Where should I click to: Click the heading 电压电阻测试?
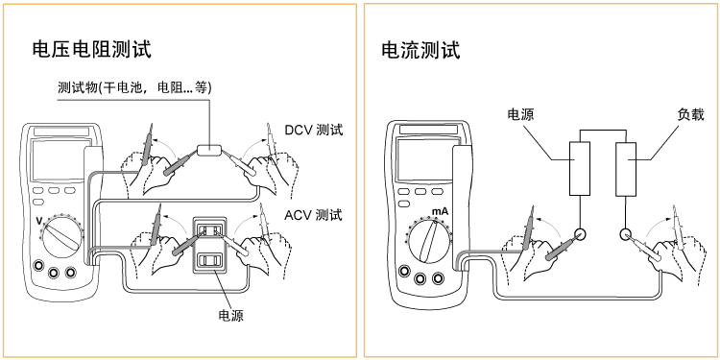tap(92, 50)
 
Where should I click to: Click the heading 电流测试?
tap(420, 50)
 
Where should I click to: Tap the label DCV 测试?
tap(314, 131)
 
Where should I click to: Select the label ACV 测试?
tap(313, 214)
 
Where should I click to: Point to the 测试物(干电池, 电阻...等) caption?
tap(134, 87)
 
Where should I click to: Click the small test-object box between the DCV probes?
tap(209, 150)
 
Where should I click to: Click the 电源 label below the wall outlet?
tap(230, 315)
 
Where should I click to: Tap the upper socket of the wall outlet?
tap(209, 230)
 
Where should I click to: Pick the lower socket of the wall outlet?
tap(209, 261)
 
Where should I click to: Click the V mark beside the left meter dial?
tap(39, 222)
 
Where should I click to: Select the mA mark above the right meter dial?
tap(440, 212)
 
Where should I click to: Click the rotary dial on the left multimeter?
tap(63, 237)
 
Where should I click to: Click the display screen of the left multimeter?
tap(58, 160)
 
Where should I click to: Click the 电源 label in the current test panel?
tap(520, 114)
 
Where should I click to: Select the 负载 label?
tap(690, 114)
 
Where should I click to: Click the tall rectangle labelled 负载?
tap(625, 169)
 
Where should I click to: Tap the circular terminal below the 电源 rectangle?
tap(580, 234)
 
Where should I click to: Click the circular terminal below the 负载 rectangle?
tap(625, 234)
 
